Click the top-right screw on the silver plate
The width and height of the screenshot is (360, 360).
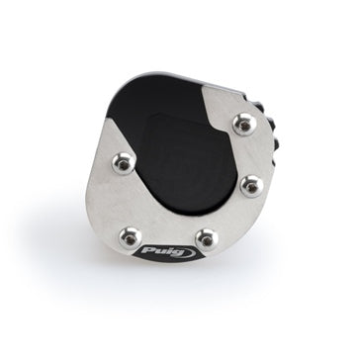click(244, 125)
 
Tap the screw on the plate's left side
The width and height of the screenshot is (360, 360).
click(124, 163)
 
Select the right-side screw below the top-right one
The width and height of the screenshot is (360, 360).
click(252, 186)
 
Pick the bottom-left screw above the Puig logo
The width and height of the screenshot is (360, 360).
click(131, 238)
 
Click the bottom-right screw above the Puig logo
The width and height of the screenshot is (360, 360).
click(207, 239)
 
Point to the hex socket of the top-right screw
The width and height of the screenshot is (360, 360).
click(245, 126)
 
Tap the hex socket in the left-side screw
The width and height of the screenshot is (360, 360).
click(124, 165)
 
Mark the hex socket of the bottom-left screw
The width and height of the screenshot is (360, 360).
click(131, 239)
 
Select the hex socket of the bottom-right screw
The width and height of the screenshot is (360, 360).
click(207, 241)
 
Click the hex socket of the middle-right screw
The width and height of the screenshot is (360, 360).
click(252, 188)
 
